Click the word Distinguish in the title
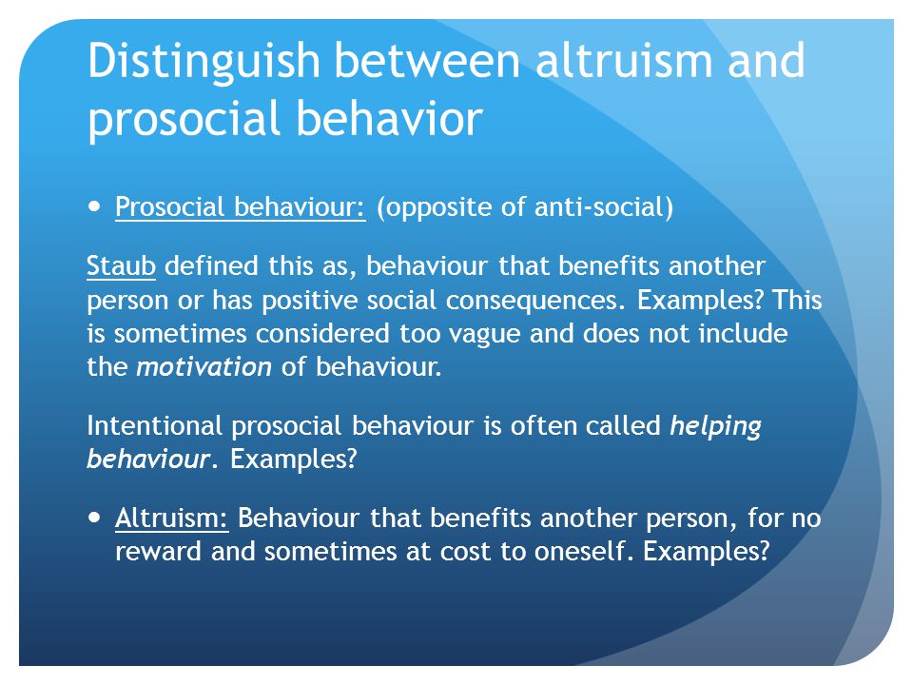tap(204, 61)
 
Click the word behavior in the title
tap(390, 118)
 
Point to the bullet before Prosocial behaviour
tap(94, 206)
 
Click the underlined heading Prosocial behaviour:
tap(241, 206)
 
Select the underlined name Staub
tap(121, 265)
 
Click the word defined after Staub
tap(211, 265)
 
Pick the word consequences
tap(535, 301)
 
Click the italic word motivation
tap(204, 367)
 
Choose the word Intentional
tap(154, 425)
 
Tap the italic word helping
tap(715, 427)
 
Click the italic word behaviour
tap(148, 459)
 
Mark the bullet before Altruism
tap(94, 518)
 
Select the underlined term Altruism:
tap(172, 518)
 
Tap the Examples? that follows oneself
tap(707, 552)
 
